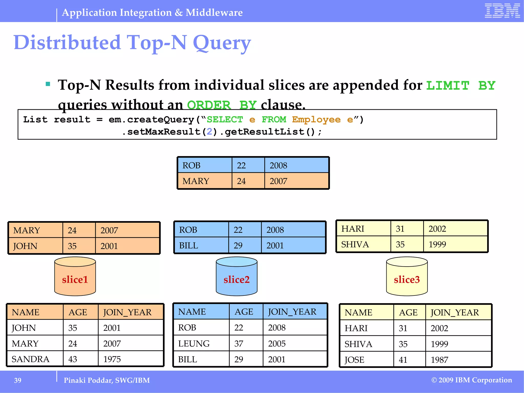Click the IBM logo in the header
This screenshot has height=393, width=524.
(502, 11)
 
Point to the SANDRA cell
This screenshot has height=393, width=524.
(31, 359)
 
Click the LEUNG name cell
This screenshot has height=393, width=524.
(194, 344)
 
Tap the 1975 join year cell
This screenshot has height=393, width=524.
(112, 359)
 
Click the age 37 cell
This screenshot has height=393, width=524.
(239, 344)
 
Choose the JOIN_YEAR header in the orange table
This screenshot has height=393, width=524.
(127, 312)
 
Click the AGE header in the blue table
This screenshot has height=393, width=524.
(244, 312)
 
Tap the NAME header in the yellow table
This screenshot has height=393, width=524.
(358, 313)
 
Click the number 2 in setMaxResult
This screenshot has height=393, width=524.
(209, 132)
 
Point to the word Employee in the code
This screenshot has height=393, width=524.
(316, 119)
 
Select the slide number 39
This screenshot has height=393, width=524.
(18, 380)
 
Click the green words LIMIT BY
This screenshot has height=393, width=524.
(461, 86)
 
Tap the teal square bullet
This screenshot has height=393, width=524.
(48, 84)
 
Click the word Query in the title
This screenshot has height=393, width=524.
(222, 43)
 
